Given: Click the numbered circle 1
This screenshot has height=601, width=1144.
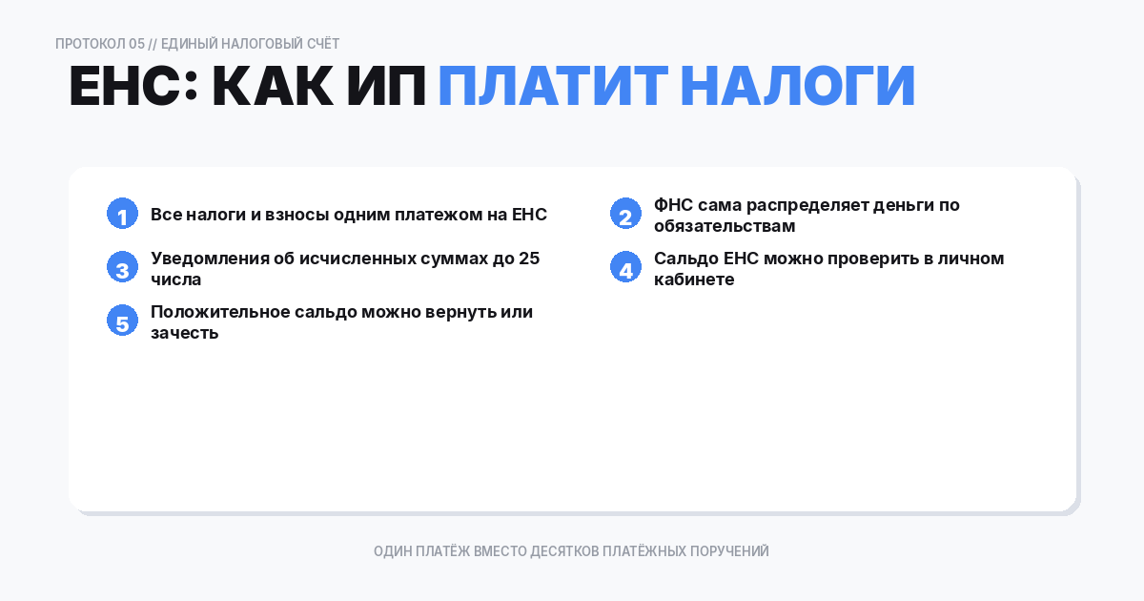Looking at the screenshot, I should [x=122, y=214].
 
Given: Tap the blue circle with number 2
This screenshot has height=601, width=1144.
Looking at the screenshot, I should [x=625, y=214].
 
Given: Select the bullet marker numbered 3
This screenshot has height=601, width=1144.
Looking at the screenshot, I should [x=122, y=267].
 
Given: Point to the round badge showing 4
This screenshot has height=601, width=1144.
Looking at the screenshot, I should [x=625, y=267].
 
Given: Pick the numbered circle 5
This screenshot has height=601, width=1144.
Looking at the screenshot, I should [x=122, y=321].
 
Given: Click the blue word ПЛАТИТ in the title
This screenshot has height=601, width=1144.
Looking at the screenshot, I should [x=552, y=87].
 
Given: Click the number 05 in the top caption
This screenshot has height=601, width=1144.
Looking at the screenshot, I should [x=136, y=44].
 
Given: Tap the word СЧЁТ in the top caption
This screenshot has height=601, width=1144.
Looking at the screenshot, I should [x=323, y=44].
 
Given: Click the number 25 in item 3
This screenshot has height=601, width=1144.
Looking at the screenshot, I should [x=530, y=259].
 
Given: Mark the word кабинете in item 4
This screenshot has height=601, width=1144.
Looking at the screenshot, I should [x=694, y=280].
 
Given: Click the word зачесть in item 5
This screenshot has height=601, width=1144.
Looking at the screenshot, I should [x=185, y=333].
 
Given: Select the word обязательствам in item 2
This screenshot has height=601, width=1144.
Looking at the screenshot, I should [x=725, y=226].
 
